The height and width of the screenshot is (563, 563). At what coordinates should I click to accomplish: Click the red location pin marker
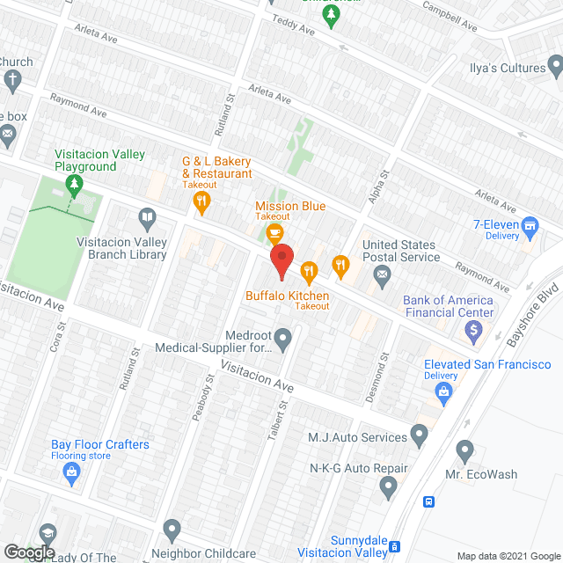coord(281,260)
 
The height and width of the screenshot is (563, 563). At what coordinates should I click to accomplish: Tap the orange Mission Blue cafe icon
coord(274,232)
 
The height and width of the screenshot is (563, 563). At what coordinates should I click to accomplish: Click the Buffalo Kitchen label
coord(287,296)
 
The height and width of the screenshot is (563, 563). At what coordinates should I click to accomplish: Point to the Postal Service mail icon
coord(383,277)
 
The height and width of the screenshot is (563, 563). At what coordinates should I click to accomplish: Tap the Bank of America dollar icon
coord(474,332)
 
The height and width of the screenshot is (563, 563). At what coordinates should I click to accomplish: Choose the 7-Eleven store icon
coord(530,226)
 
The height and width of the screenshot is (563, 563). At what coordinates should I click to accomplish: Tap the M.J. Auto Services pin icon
coord(419,435)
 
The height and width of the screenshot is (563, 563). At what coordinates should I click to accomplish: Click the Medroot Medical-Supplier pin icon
coord(282,338)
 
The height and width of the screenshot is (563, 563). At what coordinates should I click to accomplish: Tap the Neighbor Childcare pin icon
coord(171,530)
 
